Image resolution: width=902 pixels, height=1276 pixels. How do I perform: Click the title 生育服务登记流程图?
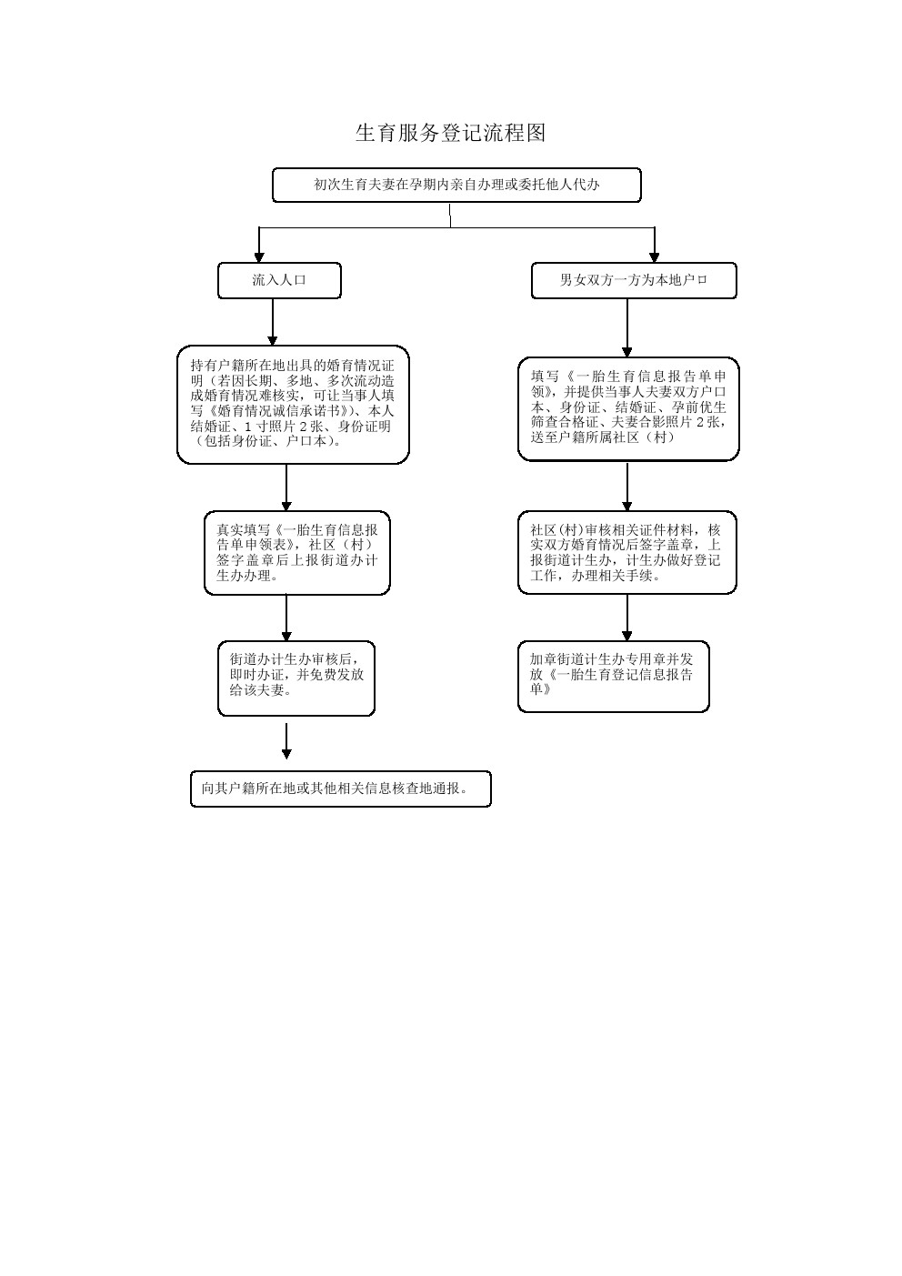coord(450,133)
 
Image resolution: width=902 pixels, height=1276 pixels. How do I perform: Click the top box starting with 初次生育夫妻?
coord(456,186)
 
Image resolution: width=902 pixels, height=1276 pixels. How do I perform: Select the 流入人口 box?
coord(279,280)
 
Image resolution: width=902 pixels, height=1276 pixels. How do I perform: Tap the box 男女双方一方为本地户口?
coord(634,280)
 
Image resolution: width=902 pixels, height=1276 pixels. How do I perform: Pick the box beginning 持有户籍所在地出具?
coord(294,405)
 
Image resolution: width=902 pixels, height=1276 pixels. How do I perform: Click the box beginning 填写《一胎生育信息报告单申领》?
coord(628,409)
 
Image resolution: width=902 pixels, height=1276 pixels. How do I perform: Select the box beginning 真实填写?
coord(297,553)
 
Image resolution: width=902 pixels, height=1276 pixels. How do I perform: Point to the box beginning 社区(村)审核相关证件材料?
coord(627,553)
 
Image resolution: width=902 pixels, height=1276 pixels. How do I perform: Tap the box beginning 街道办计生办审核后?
coord(296,678)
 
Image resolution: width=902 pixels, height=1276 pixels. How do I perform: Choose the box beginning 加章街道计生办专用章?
coord(613,677)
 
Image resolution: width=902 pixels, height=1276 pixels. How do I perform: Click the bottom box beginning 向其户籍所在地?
coord(341,789)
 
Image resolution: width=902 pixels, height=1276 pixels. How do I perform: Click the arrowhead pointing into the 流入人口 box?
coord(259,257)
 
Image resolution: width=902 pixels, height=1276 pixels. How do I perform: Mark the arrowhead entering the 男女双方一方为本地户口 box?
coord(655,257)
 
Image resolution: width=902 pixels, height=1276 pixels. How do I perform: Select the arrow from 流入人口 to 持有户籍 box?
coord(272,323)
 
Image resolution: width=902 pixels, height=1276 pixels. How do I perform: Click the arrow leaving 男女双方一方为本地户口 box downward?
coord(627,328)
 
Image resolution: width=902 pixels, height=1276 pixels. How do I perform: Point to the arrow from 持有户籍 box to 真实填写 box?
coord(286,487)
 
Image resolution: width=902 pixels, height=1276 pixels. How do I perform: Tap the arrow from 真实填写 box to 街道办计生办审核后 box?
coord(286,618)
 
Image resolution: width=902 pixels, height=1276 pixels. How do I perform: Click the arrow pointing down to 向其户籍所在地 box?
coord(286,741)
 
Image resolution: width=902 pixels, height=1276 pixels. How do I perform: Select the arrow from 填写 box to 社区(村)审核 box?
coord(627,487)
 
